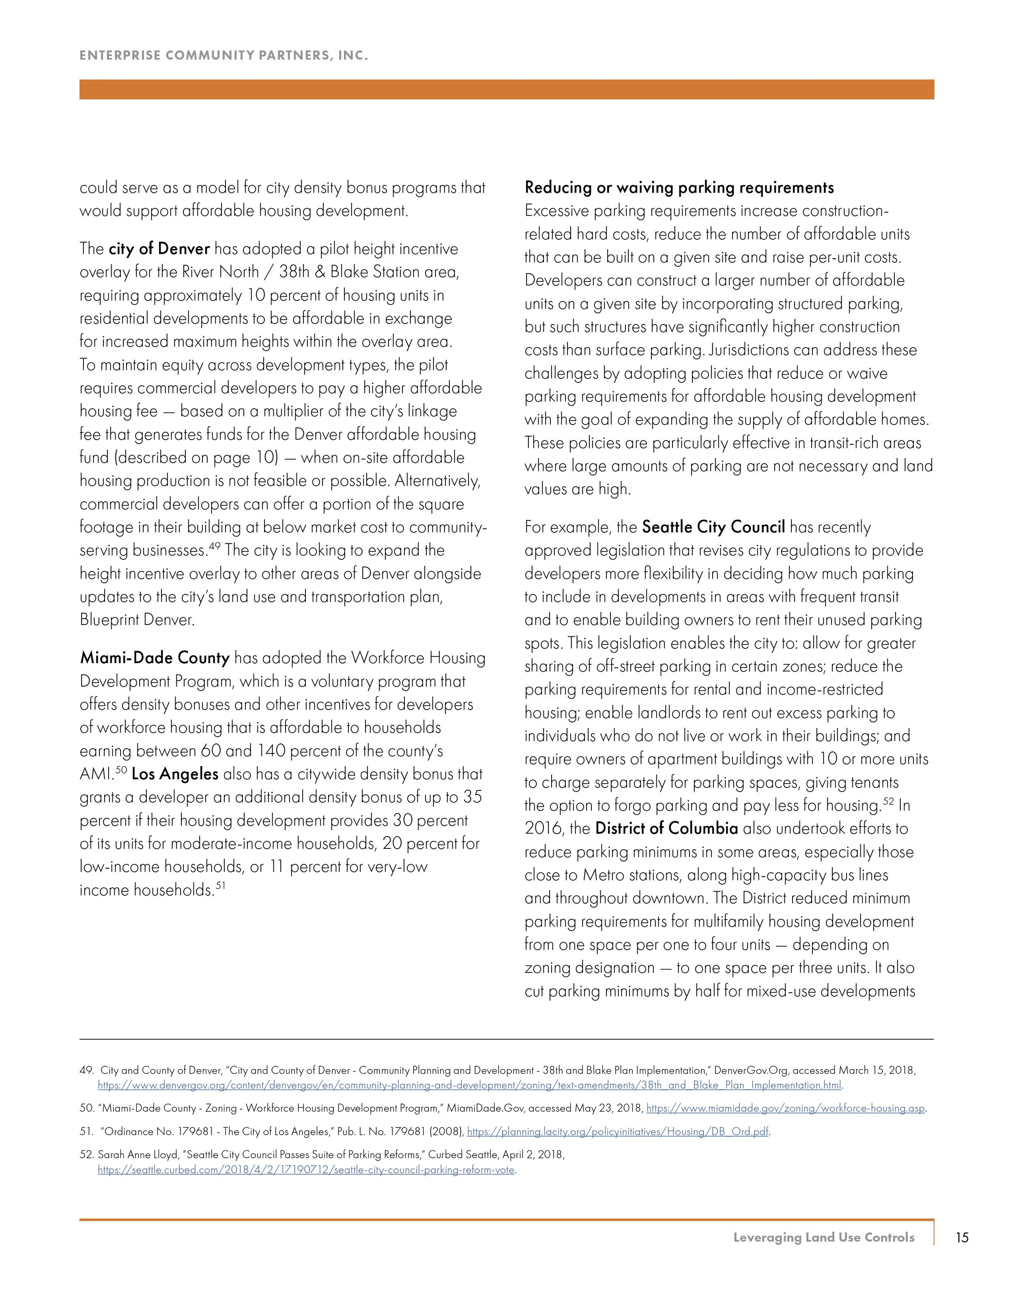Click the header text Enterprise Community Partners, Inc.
[223, 56]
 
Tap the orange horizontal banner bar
[507, 90]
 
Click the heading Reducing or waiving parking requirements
[679, 188]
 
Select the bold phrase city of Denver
[159, 249]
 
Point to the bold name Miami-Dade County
[155, 658]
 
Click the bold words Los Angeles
[175, 774]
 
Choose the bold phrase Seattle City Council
[713, 528]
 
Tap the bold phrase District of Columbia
[666, 829]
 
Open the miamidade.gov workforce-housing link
[786, 1108]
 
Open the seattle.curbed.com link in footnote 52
[306, 1170]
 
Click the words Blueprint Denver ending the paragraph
[137, 620]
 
